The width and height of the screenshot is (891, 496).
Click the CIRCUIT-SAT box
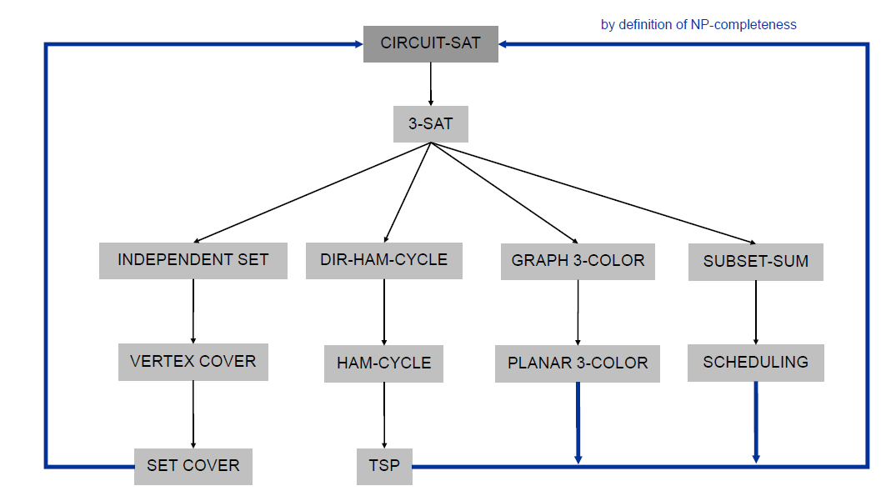[430, 43]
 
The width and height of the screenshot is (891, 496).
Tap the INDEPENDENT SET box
[193, 260]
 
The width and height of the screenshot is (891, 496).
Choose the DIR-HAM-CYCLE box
[383, 260]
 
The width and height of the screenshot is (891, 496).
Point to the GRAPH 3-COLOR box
[578, 261]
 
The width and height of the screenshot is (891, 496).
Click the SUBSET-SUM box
[755, 262]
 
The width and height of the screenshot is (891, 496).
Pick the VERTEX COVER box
[193, 362]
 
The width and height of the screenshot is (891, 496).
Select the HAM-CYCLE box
[383, 363]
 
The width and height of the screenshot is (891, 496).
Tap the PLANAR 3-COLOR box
[577, 363]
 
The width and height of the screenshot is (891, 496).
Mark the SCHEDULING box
[755, 363]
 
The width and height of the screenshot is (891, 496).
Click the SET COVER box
[193, 466]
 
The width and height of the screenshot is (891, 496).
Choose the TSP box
[384, 466]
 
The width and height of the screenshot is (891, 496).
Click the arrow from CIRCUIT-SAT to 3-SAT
[430, 83]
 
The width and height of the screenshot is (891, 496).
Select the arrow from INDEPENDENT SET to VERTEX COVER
[193, 311]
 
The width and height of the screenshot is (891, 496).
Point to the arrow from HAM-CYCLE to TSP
[383, 415]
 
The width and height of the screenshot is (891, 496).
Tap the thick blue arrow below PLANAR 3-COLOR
[578, 422]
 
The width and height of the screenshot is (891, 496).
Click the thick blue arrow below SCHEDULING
[755, 421]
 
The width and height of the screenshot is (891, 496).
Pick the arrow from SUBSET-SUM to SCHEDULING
[755, 312]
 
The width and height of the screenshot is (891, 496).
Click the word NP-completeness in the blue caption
[743, 24]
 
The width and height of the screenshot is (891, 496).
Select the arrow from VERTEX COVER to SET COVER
[193, 414]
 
